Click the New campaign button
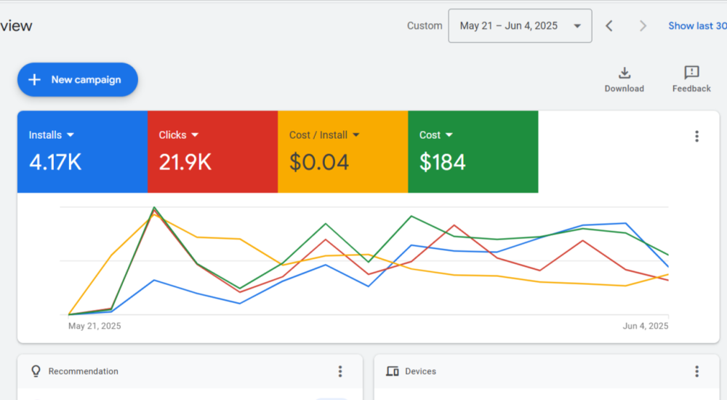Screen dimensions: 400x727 (77, 80)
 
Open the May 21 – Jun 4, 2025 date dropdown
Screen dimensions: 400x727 (520, 26)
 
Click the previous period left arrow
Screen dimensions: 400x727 (609, 26)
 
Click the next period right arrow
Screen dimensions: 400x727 (643, 26)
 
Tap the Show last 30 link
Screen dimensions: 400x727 (696, 26)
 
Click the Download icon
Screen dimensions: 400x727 (624, 73)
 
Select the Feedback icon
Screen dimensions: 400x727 (691, 73)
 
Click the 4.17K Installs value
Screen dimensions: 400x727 (55, 162)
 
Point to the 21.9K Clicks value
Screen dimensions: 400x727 (185, 162)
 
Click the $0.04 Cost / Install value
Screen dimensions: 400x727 (318, 162)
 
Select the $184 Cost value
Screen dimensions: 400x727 (442, 162)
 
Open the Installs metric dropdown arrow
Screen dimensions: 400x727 (71, 135)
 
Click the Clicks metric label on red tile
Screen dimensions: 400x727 (172, 135)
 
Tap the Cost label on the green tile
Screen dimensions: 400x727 (430, 135)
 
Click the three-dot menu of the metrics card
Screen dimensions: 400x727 (696, 137)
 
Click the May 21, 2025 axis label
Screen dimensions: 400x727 (95, 327)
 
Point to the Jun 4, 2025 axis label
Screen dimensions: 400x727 (645, 327)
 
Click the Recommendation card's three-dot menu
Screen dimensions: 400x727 (340, 372)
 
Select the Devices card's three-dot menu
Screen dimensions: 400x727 (696, 372)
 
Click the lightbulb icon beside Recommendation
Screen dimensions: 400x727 (36, 372)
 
